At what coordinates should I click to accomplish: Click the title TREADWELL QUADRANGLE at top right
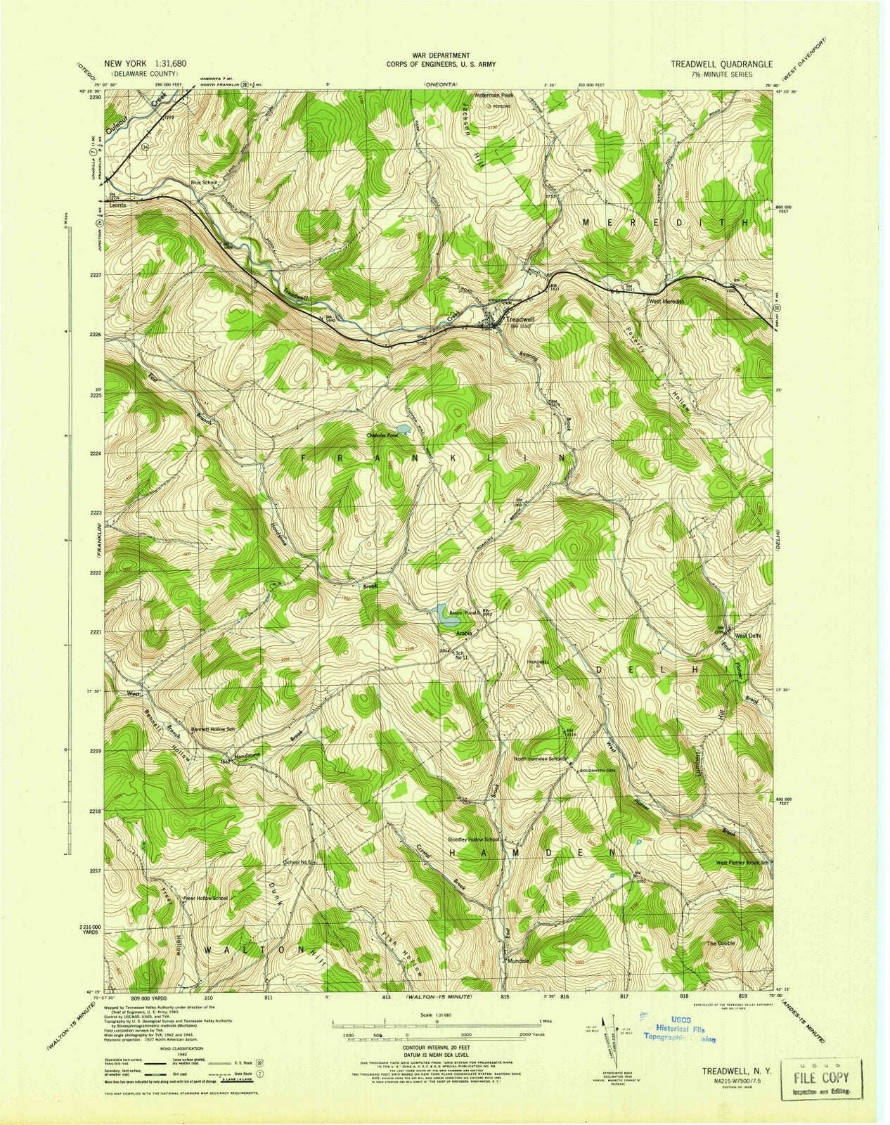[x=720, y=63]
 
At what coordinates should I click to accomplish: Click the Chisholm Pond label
[x=382, y=434]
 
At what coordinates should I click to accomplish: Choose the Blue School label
[x=205, y=183]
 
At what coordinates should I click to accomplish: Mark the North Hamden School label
[x=540, y=759]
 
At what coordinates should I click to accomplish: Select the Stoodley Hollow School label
[x=472, y=840]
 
